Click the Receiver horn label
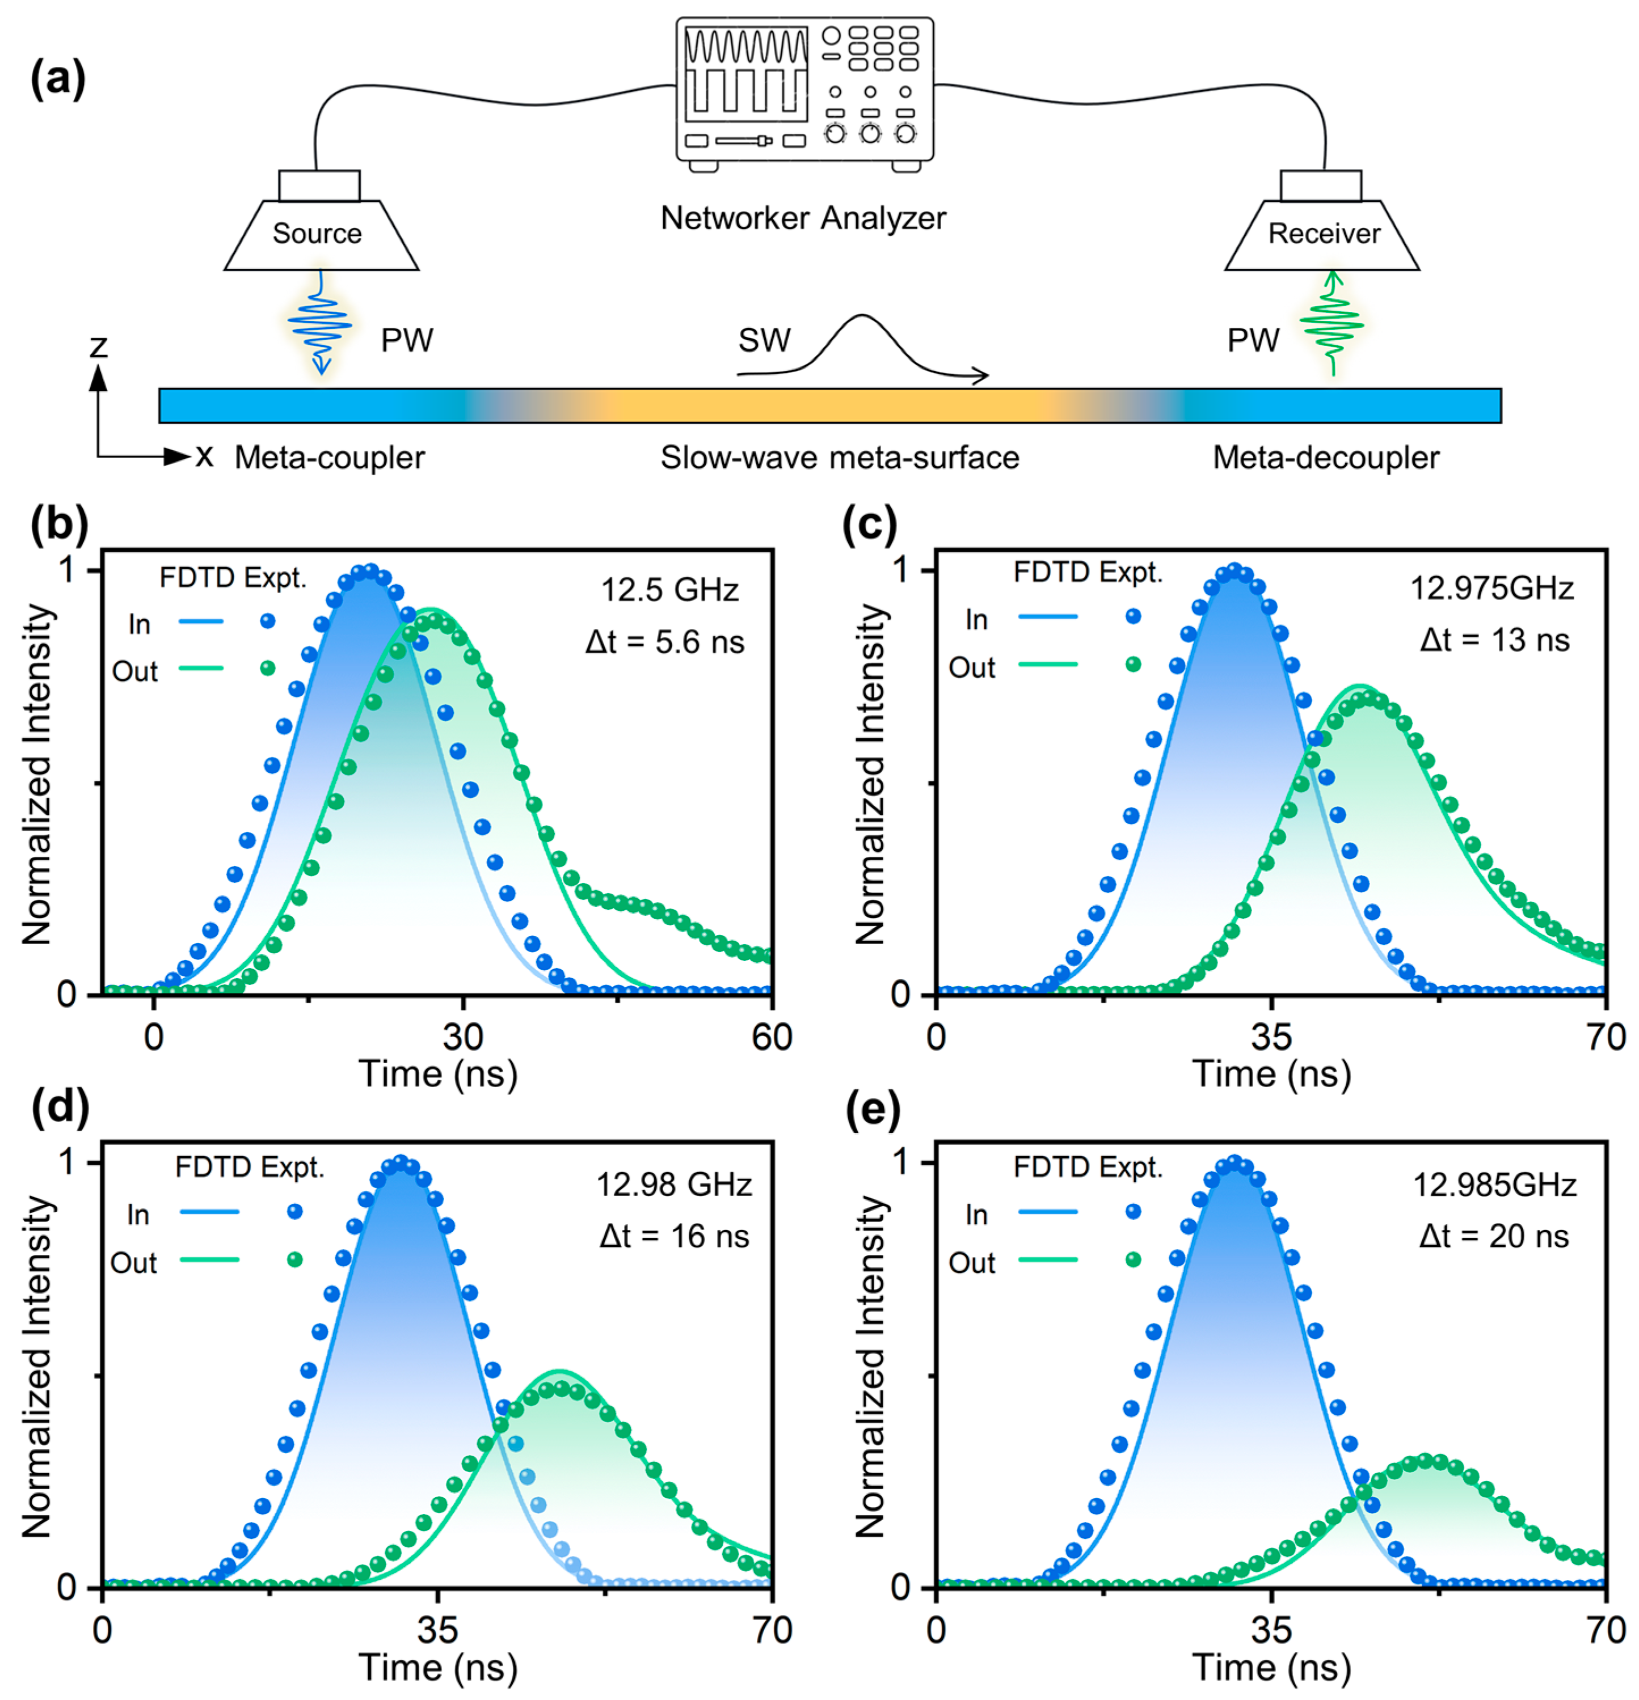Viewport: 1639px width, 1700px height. coord(1323,233)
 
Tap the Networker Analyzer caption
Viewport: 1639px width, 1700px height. coord(803,218)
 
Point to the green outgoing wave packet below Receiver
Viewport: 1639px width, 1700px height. coord(1332,325)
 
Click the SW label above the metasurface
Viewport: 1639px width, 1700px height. coord(764,340)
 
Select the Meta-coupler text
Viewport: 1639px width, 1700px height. coord(330,457)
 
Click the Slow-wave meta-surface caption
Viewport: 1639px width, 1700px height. coord(839,457)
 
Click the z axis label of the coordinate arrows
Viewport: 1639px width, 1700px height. coord(99,347)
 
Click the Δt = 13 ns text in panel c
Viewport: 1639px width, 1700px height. coord(1494,640)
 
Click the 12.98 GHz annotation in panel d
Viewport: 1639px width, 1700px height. coord(673,1184)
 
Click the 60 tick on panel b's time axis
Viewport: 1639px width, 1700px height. coord(772,1037)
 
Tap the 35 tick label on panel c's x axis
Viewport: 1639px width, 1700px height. coord(1271,1037)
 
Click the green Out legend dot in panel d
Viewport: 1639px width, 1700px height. coord(295,1260)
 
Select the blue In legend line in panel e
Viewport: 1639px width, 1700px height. coord(1047,1212)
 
